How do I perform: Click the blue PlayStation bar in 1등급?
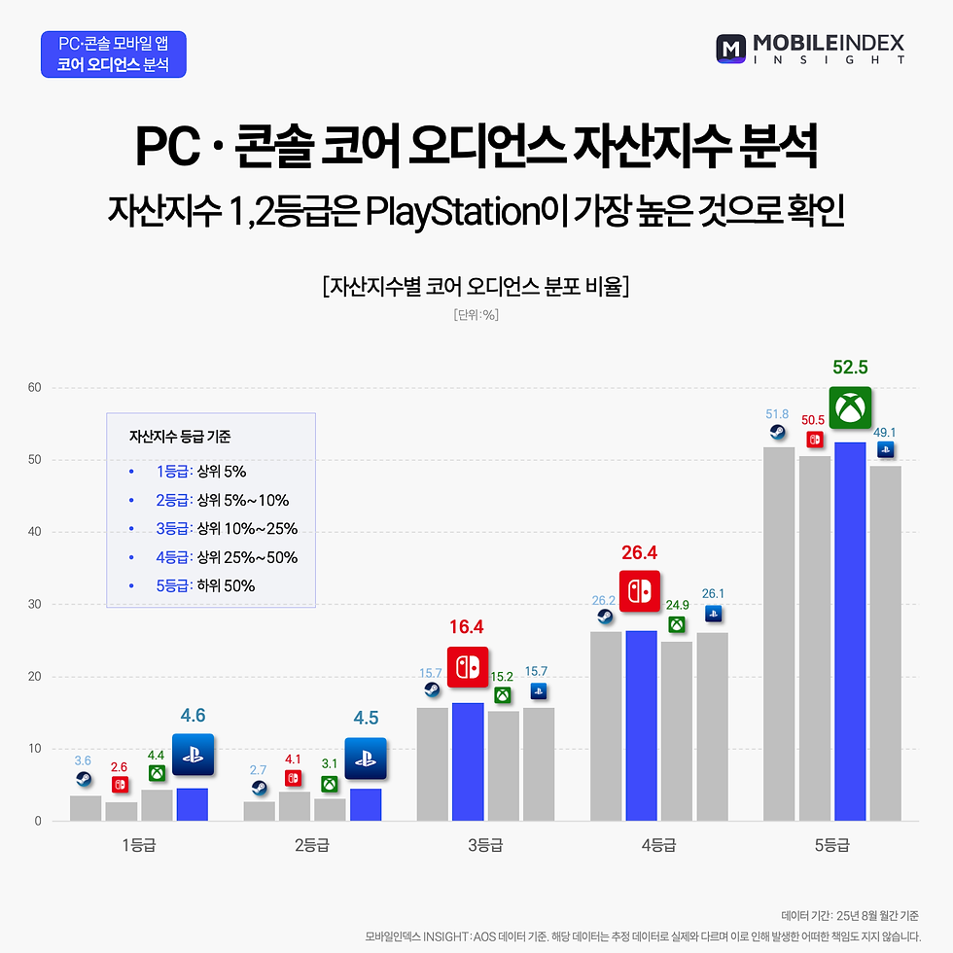[x=193, y=804]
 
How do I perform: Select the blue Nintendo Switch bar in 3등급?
[x=468, y=761]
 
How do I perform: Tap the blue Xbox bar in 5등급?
[x=850, y=631]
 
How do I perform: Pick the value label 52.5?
[x=850, y=369]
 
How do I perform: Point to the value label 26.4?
[x=640, y=553]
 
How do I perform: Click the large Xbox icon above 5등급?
[x=850, y=408]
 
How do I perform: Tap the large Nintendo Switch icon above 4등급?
[x=640, y=591]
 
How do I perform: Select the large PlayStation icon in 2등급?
[x=366, y=759]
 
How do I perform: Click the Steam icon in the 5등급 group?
[x=778, y=433]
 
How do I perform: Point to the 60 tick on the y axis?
[x=34, y=388]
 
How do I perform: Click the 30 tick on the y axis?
[x=34, y=605]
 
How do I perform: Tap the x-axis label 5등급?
[x=832, y=845]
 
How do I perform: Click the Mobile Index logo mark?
[x=731, y=50]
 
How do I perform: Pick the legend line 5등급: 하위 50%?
[x=205, y=585]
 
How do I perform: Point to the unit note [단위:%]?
[x=476, y=315]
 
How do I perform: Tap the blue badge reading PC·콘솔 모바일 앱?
[x=114, y=54]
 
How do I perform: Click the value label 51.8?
[x=778, y=413]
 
